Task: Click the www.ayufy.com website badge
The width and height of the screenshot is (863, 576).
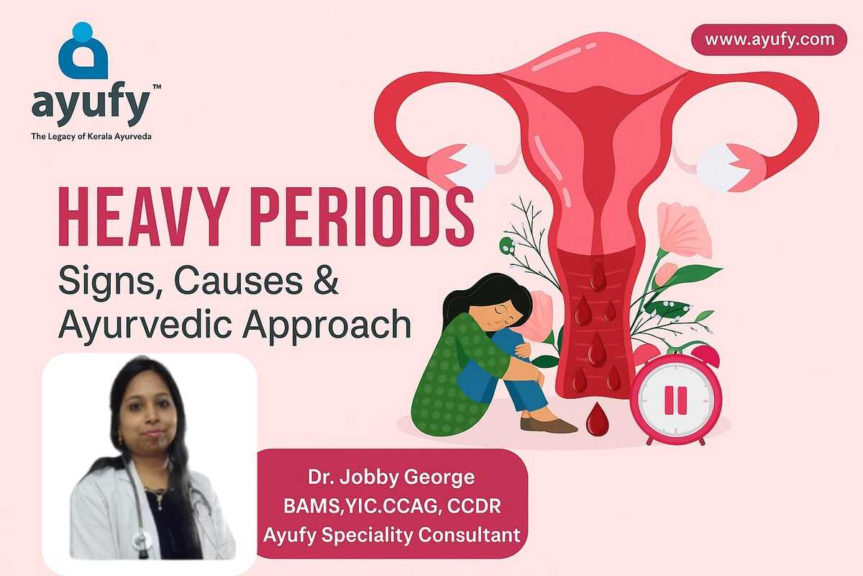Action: tap(769, 40)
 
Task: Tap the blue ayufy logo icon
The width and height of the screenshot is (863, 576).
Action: tap(83, 50)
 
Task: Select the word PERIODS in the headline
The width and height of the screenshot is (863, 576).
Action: tap(362, 217)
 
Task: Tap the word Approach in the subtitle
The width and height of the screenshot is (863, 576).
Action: tap(327, 325)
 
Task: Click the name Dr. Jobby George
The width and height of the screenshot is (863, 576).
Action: tap(391, 477)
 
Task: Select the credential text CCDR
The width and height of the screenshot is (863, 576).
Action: tap(474, 506)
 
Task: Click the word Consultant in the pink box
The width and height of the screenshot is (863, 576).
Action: tap(469, 535)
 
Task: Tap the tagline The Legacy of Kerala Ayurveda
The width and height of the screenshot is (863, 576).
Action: tap(91, 136)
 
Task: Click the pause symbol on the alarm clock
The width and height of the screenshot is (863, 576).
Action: tap(676, 400)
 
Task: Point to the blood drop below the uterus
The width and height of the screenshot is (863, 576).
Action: tap(597, 419)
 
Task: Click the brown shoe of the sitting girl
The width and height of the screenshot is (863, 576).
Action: tap(549, 425)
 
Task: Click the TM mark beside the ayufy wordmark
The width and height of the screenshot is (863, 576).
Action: tap(157, 87)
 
